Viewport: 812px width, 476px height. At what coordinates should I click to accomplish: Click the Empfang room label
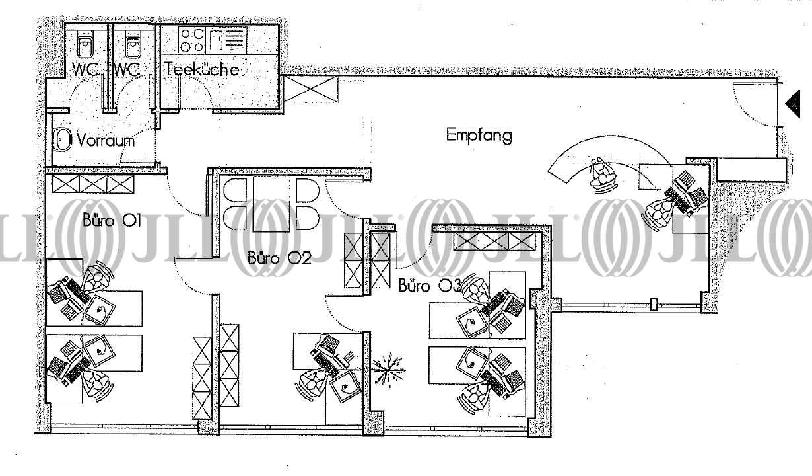[479, 136]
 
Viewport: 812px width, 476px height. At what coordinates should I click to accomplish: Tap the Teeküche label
[202, 69]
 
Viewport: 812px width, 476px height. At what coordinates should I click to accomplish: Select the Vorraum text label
[106, 140]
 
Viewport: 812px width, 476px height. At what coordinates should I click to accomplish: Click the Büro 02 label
[279, 258]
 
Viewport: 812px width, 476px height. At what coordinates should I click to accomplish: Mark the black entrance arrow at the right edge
[792, 103]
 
